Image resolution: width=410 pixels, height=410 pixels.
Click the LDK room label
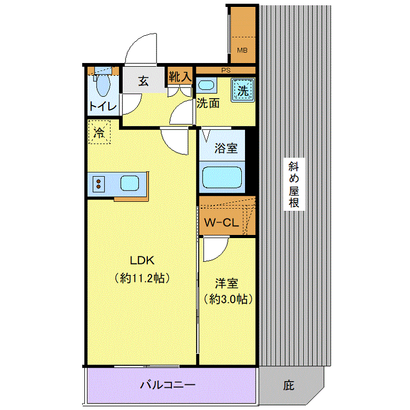(x=142, y=260)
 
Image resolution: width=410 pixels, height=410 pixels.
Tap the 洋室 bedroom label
(x=226, y=283)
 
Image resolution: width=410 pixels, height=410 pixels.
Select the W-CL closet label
(x=222, y=223)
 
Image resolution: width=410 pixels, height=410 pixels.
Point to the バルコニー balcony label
(x=168, y=384)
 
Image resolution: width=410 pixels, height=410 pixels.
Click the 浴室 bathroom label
(x=226, y=148)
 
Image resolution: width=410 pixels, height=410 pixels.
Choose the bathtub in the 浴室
(x=222, y=177)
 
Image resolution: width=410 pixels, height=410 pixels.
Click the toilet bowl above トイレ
(x=103, y=85)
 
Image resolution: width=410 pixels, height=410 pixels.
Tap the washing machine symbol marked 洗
(x=243, y=90)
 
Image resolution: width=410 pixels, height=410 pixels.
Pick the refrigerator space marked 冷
(x=99, y=132)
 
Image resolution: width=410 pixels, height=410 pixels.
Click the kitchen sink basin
(x=130, y=183)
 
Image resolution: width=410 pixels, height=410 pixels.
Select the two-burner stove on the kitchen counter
(x=99, y=184)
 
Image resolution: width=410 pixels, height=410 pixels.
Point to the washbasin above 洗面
(x=207, y=85)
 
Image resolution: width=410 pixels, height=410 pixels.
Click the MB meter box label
(x=242, y=50)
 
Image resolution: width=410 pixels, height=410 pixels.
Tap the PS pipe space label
(x=226, y=70)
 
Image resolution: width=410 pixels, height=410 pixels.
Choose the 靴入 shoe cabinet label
(x=180, y=77)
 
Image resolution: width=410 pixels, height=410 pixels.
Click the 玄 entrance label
(x=143, y=81)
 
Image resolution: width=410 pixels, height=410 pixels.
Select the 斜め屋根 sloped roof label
(x=294, y=184)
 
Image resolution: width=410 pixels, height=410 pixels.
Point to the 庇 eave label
(x=289, y=385)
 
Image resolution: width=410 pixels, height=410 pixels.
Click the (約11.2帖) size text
(x=142, y=278)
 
